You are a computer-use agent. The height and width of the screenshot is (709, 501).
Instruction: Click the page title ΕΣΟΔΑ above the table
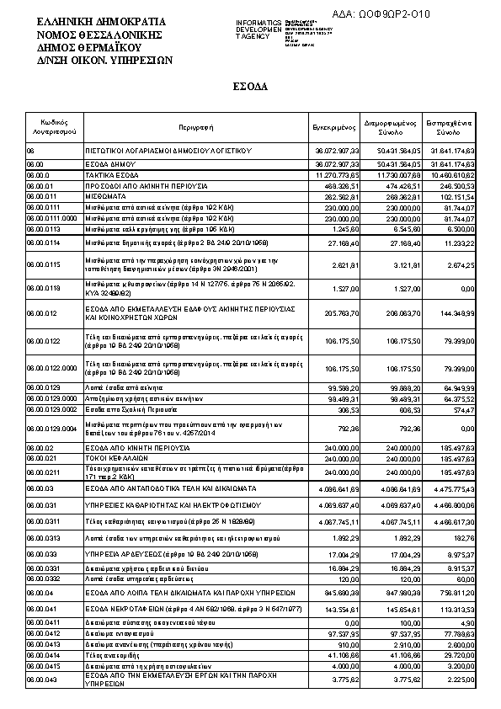click(250, 86)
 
